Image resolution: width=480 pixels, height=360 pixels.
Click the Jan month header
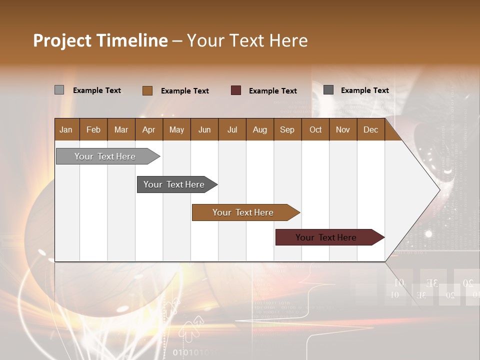[x=66, y=129]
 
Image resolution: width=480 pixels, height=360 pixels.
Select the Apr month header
[x=149, y=129]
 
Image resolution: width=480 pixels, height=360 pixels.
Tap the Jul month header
[x=232, y=129]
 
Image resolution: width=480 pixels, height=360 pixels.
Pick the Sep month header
[x=287, y=129]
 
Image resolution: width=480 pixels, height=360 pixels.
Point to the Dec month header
[x=371, y=129]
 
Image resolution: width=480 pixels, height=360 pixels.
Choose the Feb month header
[x=93, y=129]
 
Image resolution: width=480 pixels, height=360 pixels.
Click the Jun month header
[x=204, y=129]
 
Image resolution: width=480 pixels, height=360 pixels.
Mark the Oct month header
[x=315, y=129]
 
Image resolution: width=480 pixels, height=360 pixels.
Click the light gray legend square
[x=59, y=90]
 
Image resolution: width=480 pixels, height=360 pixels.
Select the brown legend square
[x=147, y=90]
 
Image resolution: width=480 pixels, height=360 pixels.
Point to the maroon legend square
[x=236, y=90]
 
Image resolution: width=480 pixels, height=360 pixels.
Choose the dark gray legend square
[x=328, y=90]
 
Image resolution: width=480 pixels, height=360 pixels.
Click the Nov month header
[x=343, y=129]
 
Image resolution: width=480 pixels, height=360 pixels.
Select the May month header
[x=176, y=129]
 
